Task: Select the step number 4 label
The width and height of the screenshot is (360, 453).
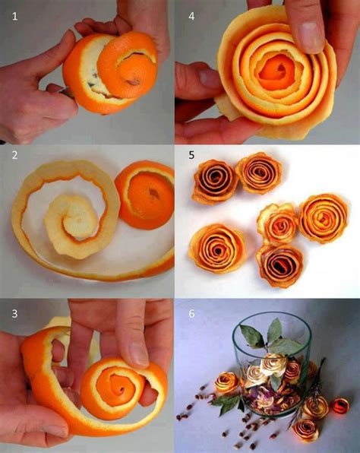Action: point(191,14)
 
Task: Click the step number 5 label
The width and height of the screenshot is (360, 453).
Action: point(191,155)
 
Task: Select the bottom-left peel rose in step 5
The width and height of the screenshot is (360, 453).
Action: point(216,248)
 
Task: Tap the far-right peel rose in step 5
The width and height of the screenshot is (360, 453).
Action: point(323,217)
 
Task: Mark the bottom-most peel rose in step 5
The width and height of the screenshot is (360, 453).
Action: point(280,265)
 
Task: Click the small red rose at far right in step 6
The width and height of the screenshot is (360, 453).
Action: point(341,405)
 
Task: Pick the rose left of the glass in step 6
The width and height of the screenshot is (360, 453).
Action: point(226,382)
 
